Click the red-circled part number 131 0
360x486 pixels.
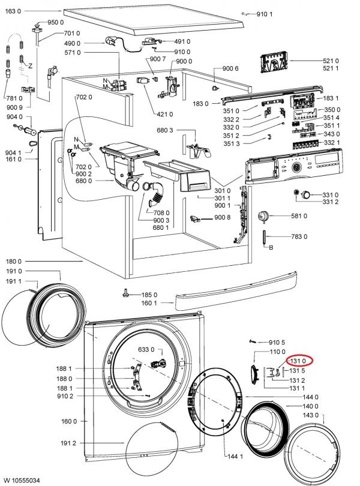(298, 361)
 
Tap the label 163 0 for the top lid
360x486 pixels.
(13, 11)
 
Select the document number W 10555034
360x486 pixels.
(22, 481)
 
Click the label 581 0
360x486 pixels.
(299, 216)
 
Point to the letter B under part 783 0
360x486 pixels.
(271, 248)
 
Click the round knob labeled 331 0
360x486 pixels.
(307, 194)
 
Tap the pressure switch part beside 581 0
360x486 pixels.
(263, 216)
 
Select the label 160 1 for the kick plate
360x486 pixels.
(149, 303)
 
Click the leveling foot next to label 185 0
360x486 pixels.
(126, 292)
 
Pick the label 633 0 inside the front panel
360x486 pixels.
(146, 350)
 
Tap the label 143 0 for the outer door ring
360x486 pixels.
(310, 415)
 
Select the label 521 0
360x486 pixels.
(331, 61)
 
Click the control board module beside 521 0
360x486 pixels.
(274, 63)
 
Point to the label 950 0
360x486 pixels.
(56, 22)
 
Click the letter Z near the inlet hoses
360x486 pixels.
(31, 66)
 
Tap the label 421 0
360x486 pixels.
(165, 114)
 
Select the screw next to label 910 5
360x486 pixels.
(253, 341)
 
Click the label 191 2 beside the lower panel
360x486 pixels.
(68, 443)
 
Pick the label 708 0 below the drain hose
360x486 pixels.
(161, 212)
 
